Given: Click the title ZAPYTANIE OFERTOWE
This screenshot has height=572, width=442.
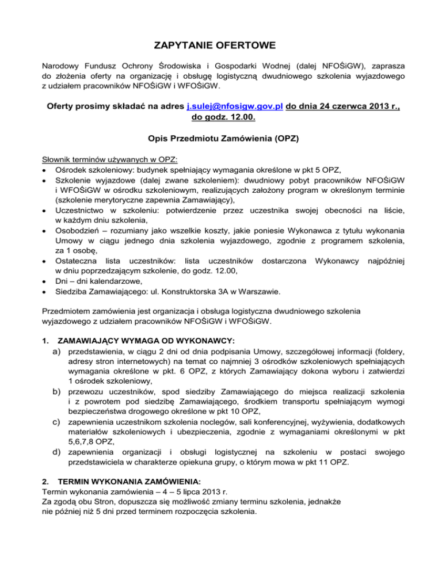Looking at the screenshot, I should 221,44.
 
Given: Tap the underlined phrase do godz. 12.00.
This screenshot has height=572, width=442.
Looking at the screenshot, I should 221,120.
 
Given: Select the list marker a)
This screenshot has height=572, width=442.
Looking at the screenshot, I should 58,350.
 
